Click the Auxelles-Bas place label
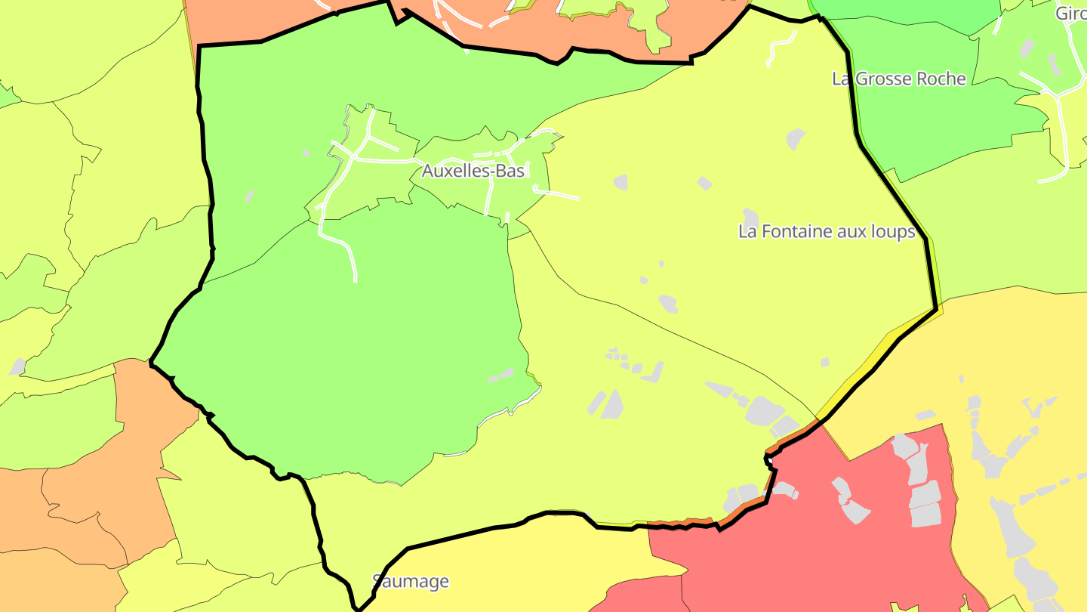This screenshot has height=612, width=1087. [x=473, y=171]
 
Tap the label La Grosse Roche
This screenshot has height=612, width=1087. [x=898, y=79]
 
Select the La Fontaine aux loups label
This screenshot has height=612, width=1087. [x=827, y=231]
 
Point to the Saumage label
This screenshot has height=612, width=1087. [x=411, y=581]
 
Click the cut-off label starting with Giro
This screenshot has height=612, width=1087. [x=1070, y=13]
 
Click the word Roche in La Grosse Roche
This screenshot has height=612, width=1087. [x=940, y=79]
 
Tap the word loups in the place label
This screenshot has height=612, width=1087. [x=894, y=231]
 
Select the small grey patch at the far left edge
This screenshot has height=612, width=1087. [x=17, y=367]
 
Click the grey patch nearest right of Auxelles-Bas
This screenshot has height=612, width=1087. [x=620, y=181]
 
